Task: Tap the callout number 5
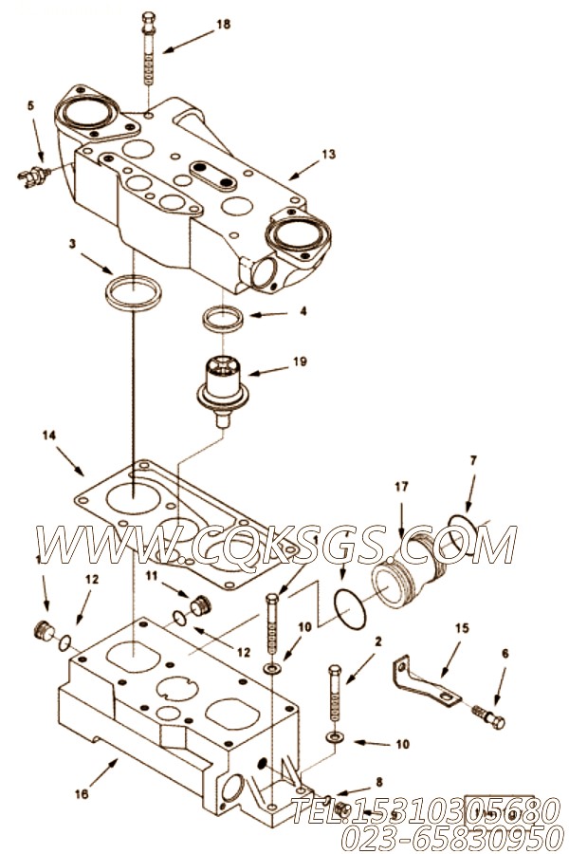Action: click(x=30, y=107)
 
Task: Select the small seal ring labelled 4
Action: click(x=225, y=319)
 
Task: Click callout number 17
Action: click(x=401, y=487)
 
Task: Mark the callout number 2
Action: click(x=377, y=642)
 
